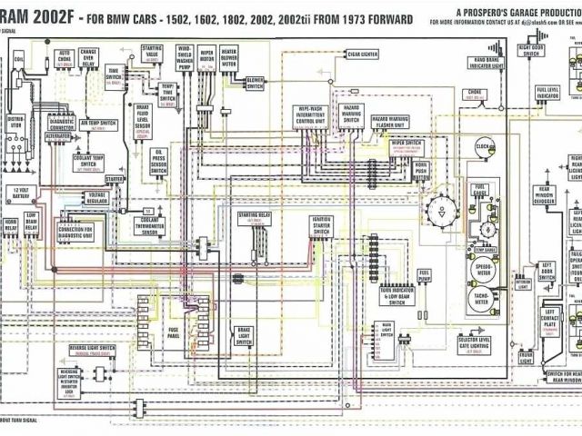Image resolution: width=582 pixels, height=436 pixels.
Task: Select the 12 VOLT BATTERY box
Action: point(20,193)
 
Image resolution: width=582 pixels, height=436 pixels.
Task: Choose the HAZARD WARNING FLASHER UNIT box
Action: point(386,122)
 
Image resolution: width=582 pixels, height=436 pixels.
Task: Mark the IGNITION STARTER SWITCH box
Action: point(321,226)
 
